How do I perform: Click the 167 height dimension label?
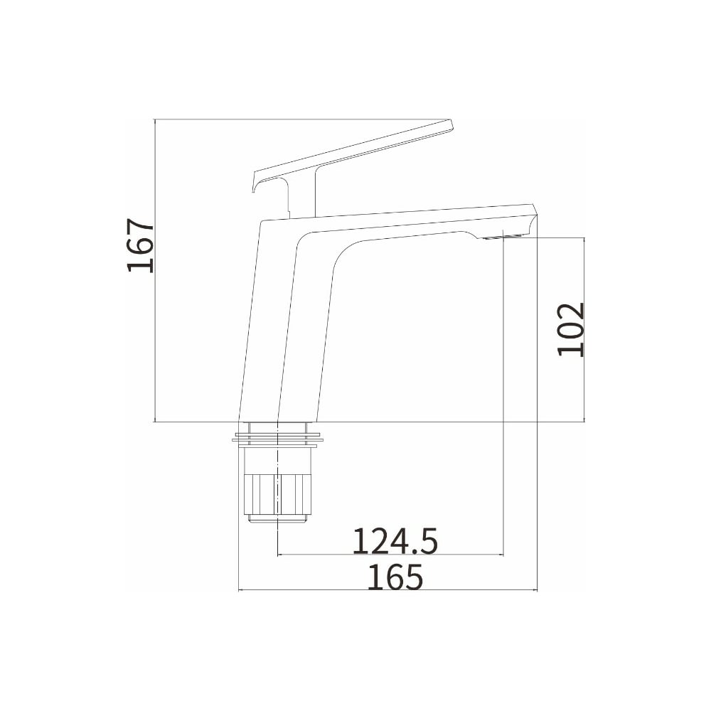pos(140,245)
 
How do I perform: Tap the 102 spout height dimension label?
pos(570,330)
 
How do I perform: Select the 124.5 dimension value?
pos(395,541)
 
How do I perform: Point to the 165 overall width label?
pos(395,577)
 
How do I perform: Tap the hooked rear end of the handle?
pos(257,181)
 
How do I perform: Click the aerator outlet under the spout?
pos(503,237)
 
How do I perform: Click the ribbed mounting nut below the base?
pos(278,494)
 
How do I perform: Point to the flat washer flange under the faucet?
pos(278,439)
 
